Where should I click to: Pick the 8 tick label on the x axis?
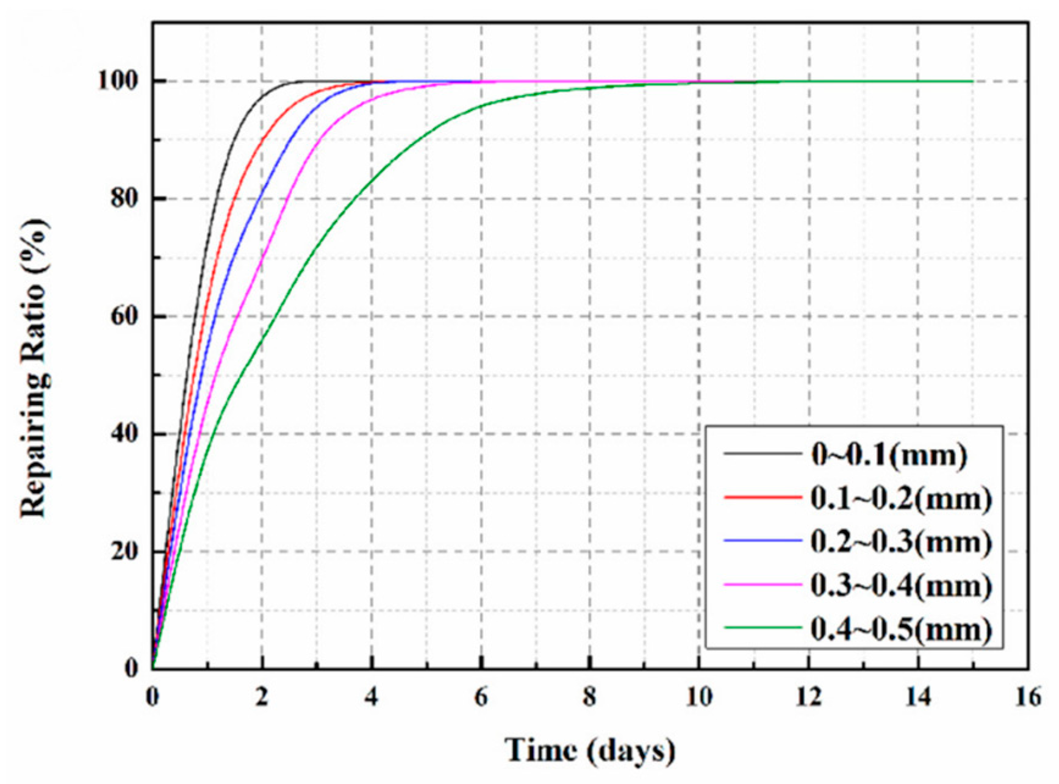click(590, 697)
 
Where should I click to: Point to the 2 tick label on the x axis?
click(262, 697)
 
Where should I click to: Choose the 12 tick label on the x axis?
click(809, 697)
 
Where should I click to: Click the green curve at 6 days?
click(481, 105)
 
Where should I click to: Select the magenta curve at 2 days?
click(262, 264)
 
